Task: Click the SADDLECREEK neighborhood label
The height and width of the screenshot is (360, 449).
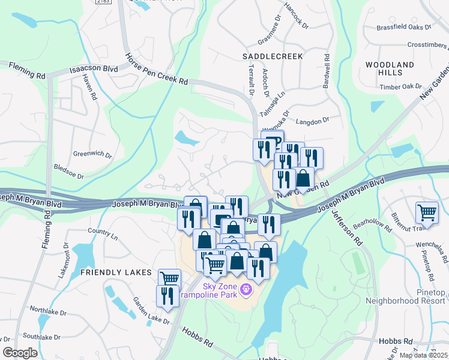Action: click(x=273, y=55)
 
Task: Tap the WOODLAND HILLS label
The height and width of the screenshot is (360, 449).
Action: click(x=390, y=68)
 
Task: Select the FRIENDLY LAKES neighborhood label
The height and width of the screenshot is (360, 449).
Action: click(x=116, y=272)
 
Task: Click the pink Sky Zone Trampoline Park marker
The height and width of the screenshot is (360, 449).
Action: click(x=246, y=290)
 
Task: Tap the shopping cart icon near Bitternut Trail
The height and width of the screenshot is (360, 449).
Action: click(x=426, y=212)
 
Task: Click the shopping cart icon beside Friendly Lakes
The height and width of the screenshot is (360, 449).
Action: click(x=170, y=278)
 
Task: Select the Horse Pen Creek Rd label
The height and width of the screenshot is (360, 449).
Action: click(x=156, y=70)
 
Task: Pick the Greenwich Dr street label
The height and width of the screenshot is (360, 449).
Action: click(x=92, y=155)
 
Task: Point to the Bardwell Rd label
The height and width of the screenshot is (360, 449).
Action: click(x=327, y=70)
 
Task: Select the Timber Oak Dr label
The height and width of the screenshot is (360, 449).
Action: click(x=400, y=86)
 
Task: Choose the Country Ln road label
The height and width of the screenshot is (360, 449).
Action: click(x=102, y=230)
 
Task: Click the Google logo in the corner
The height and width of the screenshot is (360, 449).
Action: click(x=20, y=353)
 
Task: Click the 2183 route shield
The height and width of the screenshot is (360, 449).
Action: click(x=103, y=2)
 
